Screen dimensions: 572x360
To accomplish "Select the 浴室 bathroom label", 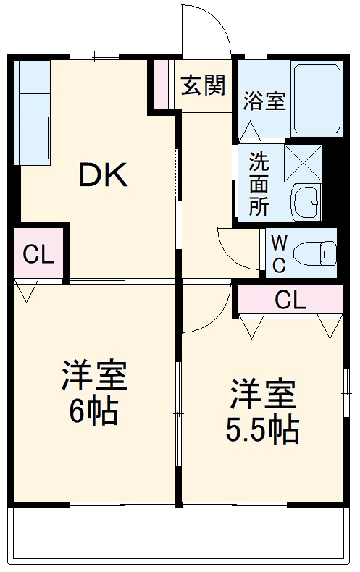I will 264,101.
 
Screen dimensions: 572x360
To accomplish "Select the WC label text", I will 278,253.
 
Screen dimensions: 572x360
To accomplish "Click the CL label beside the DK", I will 38,255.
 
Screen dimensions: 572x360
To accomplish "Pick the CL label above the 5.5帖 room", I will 290,299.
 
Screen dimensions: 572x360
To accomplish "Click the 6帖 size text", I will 93,413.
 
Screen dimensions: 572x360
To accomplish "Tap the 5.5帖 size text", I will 262,432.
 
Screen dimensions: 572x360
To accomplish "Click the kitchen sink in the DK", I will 33,138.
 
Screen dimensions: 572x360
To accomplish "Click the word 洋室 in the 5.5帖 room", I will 262,395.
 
